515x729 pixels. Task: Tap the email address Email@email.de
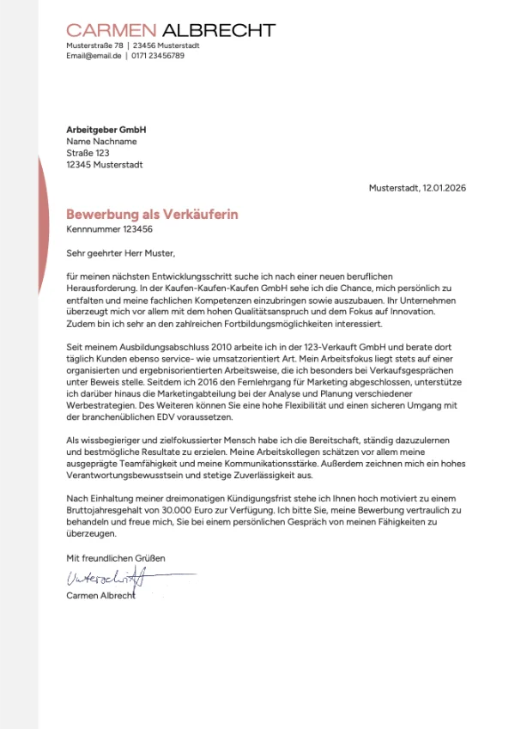tap(94, 55)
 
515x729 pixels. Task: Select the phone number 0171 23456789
tap(158, 55)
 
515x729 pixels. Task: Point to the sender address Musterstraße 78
tap(94, 45)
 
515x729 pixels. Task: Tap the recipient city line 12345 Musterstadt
tap(105, 165)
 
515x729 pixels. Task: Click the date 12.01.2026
tap(445, 188)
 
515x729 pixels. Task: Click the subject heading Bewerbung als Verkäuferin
tap(152, 214)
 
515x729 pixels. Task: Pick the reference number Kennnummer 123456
tap(109, 229)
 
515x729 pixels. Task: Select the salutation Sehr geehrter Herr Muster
tap(120, 253)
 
